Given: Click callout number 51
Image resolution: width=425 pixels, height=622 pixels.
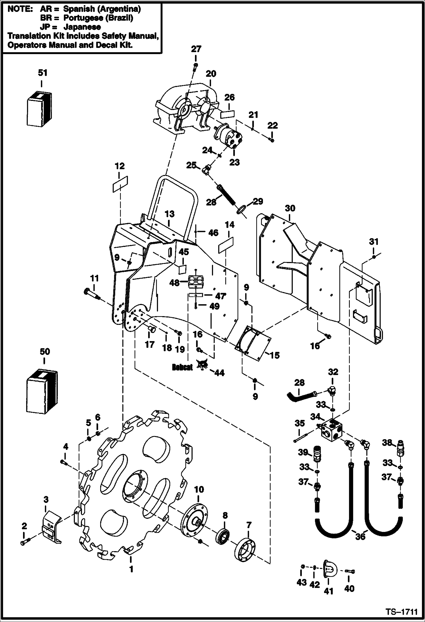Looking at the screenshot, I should tap(43, 73).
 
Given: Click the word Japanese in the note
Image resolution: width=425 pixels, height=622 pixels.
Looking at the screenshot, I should tap(82, 27).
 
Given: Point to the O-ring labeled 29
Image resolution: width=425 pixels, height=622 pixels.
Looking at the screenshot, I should tap(240, 211).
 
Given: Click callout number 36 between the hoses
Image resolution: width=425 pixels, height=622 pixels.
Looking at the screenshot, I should tap(360, 537).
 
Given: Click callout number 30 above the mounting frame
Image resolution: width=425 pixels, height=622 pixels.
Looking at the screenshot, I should tap(290, 208).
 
